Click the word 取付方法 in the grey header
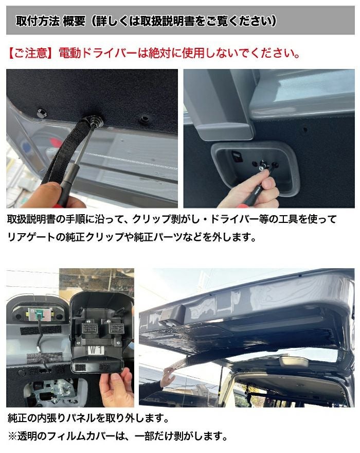coord(38,21)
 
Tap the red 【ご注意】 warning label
coord(31,53)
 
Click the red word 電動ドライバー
coord(98,53)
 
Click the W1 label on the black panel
coord(96,351)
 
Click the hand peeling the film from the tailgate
coord(167,376)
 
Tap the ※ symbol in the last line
coord(12,436)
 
